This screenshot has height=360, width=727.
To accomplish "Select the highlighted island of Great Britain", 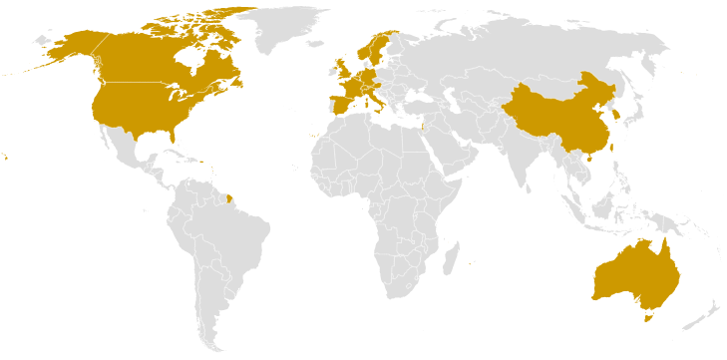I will coord(343,73).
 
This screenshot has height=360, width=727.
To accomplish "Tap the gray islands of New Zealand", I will coord(704,315).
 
